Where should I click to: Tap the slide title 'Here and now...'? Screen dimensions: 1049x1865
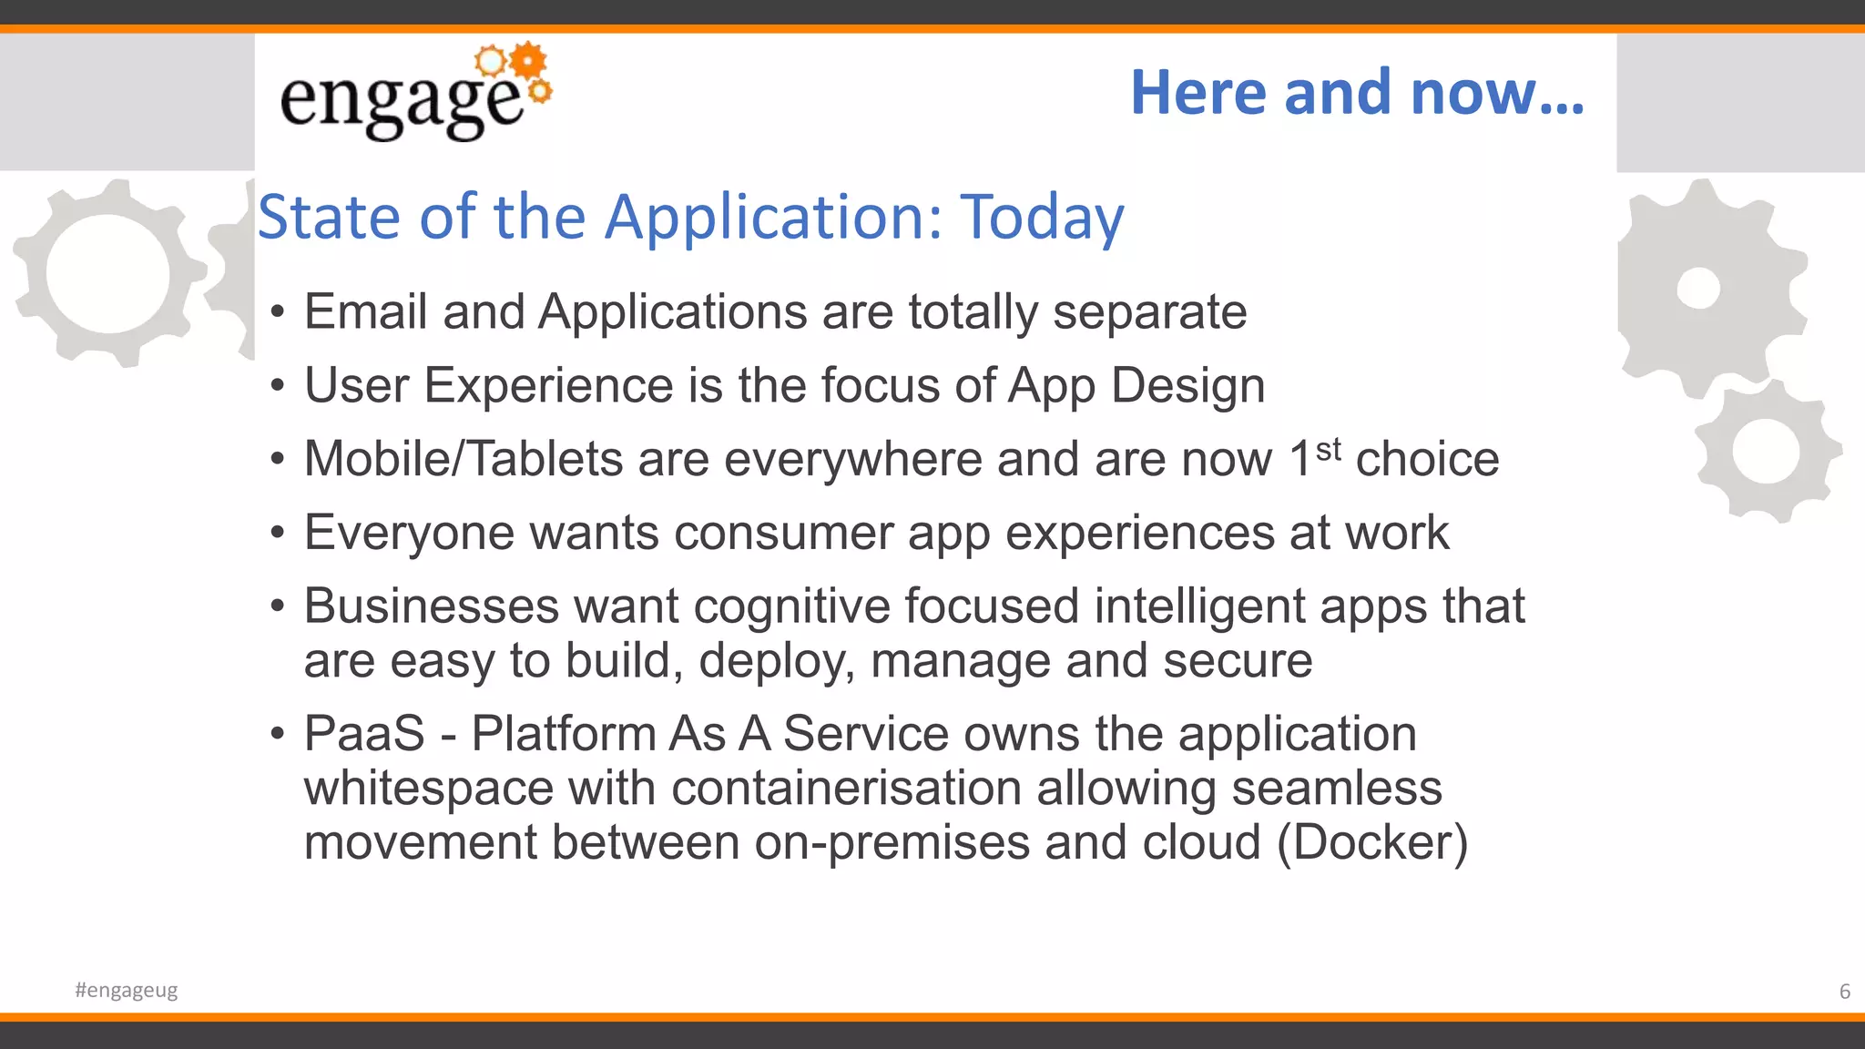1357,93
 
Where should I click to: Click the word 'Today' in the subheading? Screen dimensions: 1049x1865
1043,219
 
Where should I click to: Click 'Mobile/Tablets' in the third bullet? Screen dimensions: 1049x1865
463,459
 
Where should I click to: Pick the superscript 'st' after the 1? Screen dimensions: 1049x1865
1329,448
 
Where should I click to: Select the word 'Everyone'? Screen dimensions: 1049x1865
409,533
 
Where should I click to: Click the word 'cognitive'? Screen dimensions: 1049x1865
791,606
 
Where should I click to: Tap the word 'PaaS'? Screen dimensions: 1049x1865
364,734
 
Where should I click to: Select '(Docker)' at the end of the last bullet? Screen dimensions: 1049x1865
1372,843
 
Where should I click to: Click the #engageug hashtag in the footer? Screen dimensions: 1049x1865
127,990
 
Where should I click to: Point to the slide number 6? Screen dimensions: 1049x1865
1844,991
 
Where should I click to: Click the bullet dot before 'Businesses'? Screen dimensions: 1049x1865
278,606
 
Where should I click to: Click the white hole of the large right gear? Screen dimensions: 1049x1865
1698,289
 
